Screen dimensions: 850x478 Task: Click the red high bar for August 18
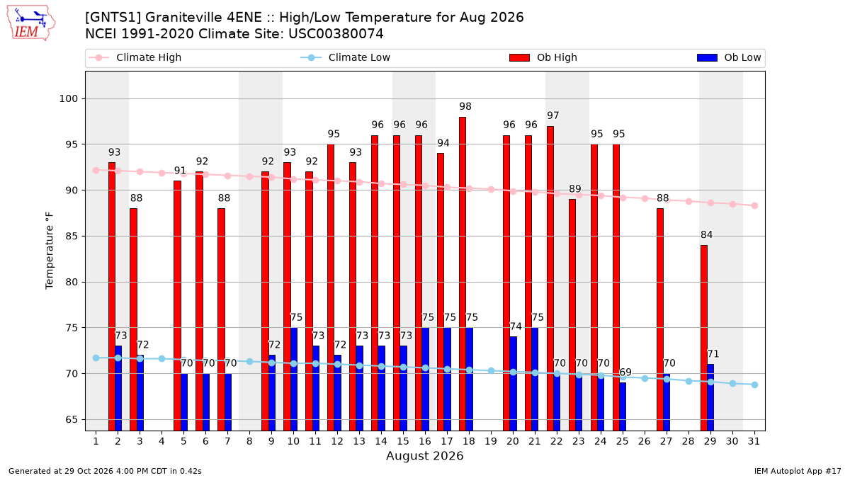[462, 274]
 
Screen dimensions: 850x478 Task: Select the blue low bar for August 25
[623, 406]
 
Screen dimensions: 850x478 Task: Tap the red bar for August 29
[704, 338]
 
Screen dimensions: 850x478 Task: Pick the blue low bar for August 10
[293, 379]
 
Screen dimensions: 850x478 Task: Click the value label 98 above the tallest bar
[465, 107]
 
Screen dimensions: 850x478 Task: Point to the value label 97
[553, 115]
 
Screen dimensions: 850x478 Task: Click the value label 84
[707, 235]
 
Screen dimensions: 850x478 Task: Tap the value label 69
[625, 372]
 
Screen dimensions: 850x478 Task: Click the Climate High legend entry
[135, 57]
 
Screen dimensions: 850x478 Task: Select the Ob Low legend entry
[729, 57]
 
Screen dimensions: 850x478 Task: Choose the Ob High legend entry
[543, 57]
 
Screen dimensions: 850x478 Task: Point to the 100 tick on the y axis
[68, 99]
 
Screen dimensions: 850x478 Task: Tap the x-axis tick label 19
[491, 441]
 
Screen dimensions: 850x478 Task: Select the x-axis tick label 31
[754, 441]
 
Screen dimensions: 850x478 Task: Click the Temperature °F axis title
[50, 251]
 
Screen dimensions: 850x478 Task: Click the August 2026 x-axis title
[424, 455]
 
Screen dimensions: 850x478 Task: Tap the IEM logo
[30, 23]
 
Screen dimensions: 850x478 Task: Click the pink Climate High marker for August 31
[755, 205]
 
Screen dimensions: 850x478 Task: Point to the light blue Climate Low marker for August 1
[96, 358]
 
